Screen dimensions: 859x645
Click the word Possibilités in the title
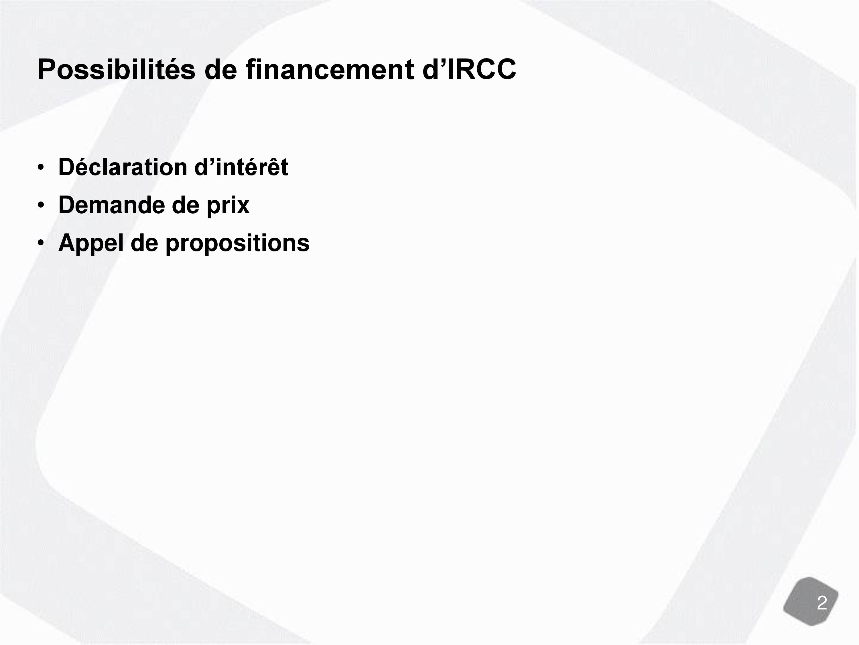117,70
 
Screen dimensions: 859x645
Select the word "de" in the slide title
220,70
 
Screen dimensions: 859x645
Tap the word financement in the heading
330,70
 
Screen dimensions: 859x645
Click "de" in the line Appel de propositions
144,243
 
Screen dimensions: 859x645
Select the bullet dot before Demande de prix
41,206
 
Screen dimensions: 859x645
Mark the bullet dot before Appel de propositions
41,243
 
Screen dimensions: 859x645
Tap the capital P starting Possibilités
47,70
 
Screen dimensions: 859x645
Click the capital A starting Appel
68,243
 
